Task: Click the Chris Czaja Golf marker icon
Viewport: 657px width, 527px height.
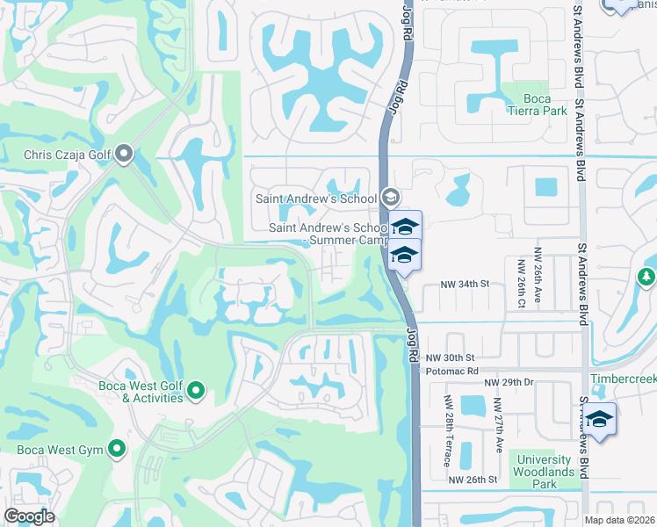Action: [x=123, y=156]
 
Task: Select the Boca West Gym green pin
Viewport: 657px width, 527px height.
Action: [x=117, y=451]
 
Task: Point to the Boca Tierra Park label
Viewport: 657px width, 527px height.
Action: [x=537, y=105]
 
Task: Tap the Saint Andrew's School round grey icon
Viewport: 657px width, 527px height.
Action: [x=391, y=198]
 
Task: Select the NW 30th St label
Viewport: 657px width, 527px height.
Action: [x=450, y=358]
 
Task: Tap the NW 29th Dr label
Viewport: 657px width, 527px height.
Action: [x=509, y=382]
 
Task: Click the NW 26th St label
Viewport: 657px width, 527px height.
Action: [x=473, y=480]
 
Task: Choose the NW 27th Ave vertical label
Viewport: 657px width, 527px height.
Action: [x=497, y=425]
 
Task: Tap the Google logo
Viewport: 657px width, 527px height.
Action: [x=29, y=516]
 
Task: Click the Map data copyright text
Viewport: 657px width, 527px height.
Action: [x=618, y=520]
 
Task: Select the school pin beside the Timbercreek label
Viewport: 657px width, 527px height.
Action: [x=600, y=419]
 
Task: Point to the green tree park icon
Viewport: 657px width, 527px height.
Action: [x=646, y=277]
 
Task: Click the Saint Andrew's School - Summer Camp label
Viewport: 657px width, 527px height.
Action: [x=327, y=234]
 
